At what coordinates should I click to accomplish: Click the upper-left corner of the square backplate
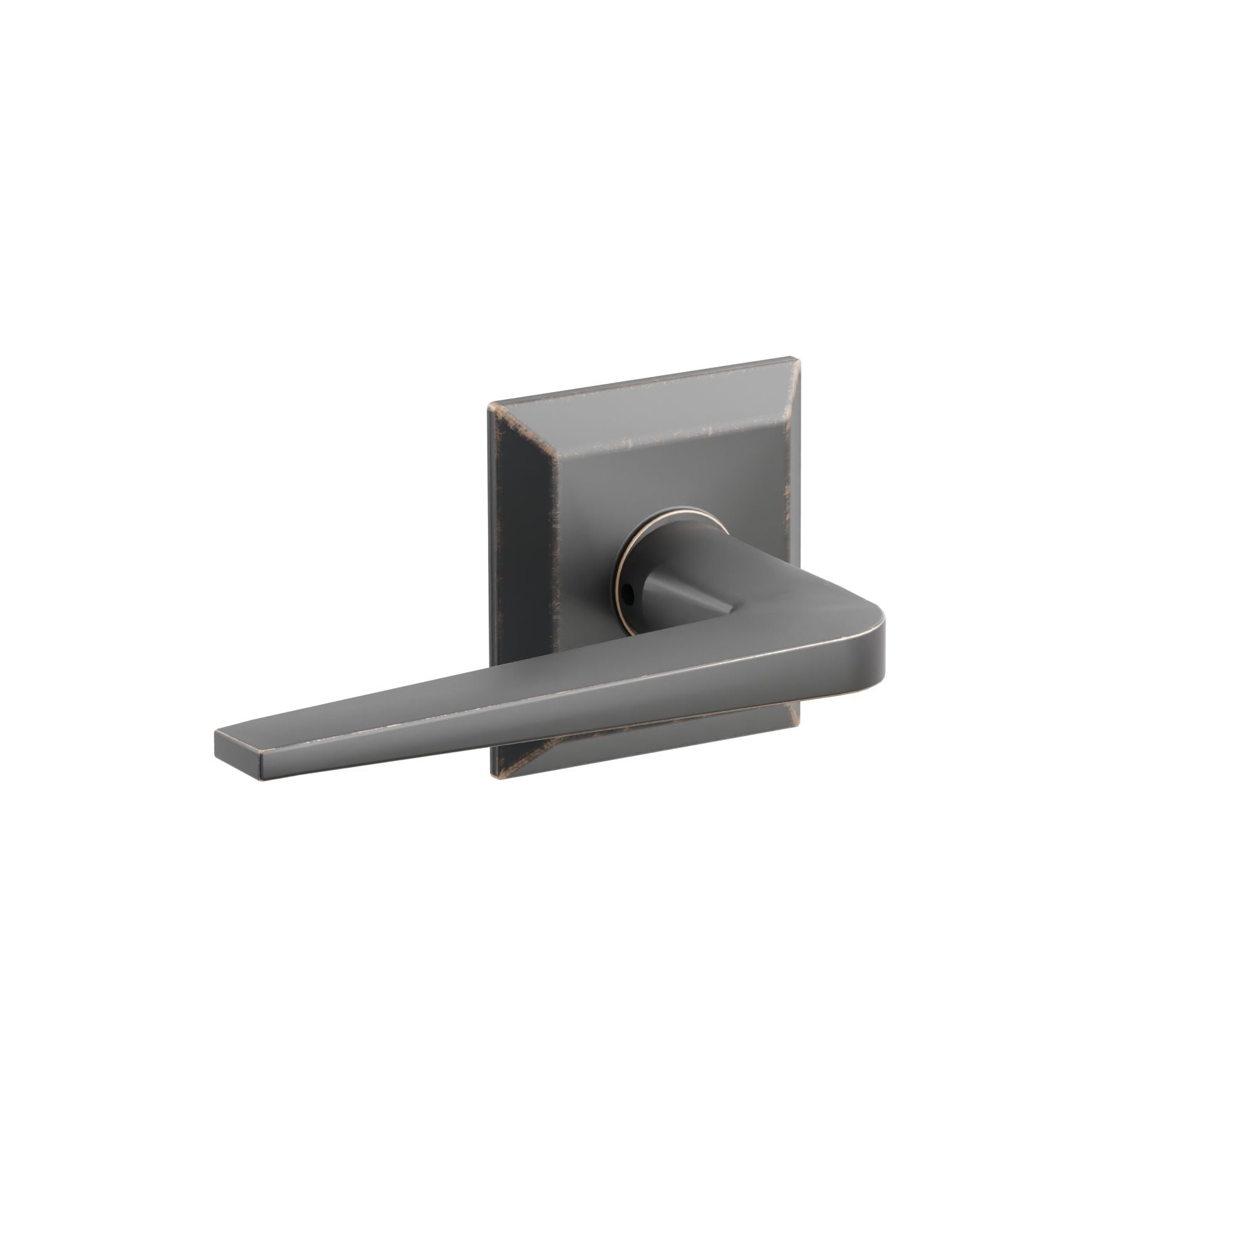(x=491, y=405)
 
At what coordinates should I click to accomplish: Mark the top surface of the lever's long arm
(x=519, y=694)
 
